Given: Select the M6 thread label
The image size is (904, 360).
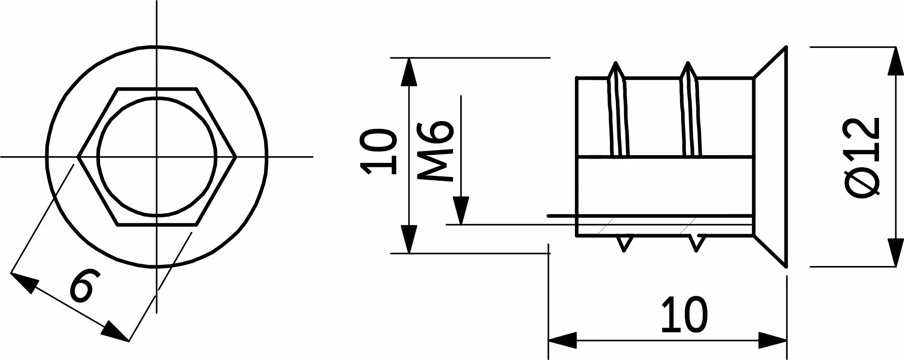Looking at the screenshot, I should (436, 151).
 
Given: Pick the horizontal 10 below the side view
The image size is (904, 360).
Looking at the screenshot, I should (684, 314).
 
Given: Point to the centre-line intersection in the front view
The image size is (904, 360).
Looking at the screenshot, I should (157, 157).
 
